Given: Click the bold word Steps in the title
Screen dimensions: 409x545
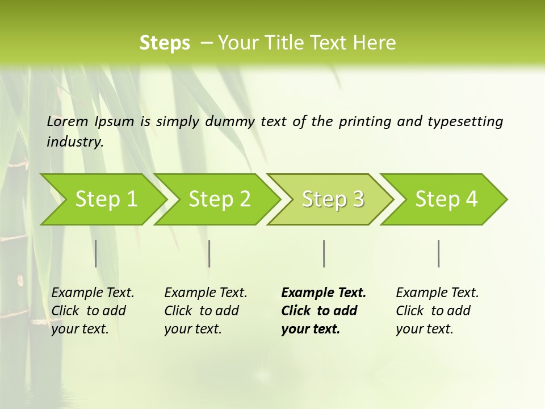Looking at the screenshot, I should click(165, 43).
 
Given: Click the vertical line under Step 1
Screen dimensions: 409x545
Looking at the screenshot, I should click(96, 253).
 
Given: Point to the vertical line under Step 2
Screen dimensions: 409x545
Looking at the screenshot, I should click(209, 253).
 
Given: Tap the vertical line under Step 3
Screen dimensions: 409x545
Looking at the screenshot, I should click(324, 253).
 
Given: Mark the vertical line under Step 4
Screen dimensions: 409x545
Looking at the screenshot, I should click(439, 253).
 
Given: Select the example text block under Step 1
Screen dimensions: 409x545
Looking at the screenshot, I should click(93, 311).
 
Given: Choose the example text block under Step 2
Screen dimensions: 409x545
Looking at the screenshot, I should click(206, 311).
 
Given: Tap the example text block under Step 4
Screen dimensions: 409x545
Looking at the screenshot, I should click(437, 311).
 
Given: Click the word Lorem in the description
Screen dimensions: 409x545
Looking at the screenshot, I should click(68, 122).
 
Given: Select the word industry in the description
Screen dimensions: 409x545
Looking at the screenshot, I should click(75, 142).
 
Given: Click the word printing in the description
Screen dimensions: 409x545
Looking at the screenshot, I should click(365, 122).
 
